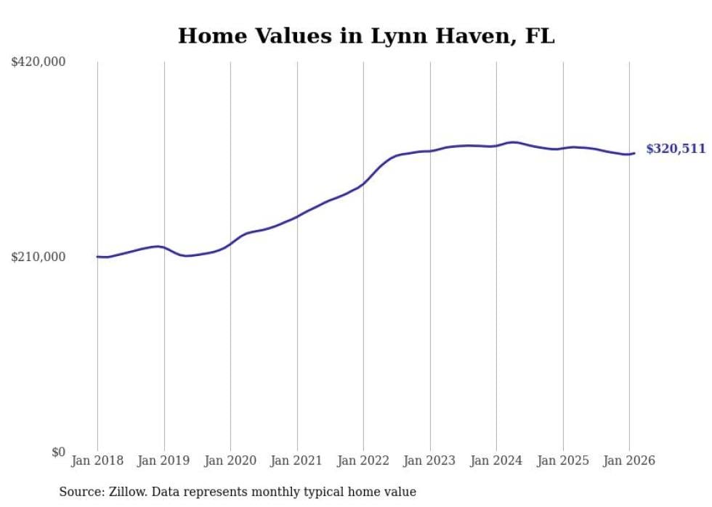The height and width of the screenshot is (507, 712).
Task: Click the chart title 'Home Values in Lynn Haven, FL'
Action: [366, 36]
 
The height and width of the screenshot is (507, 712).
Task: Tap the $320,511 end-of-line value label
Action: [675, 149]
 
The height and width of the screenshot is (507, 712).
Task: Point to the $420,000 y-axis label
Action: [39, 62]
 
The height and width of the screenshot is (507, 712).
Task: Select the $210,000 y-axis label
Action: [39, 257]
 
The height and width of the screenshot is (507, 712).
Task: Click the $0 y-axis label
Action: [58, 452]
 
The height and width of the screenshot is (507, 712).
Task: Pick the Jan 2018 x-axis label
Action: [97, 461]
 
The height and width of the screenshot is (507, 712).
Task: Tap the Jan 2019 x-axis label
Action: [164, 461]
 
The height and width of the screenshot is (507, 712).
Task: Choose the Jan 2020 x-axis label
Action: [230, 461]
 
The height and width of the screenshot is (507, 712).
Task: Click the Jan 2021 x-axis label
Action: [296, 461]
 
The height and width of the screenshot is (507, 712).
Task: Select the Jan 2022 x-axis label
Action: [363, 461]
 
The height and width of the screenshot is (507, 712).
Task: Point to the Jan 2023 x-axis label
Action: [429, 461]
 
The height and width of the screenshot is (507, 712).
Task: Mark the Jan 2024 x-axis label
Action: [496, 461]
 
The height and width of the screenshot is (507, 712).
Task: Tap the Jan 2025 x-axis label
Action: [562, 461]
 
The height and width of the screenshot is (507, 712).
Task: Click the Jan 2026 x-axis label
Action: [629, 461]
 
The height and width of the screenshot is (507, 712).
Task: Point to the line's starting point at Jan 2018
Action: [97, 257]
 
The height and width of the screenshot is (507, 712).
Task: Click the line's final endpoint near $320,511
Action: [634, 153]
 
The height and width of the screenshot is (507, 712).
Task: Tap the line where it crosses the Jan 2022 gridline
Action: [363, 183]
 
